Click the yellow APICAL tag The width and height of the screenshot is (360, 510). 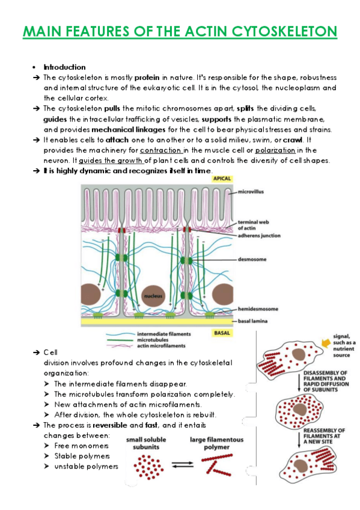pyautogui.click(x=222, y=179)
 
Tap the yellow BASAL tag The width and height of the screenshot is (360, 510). pyautogui.click(x=222, y=333)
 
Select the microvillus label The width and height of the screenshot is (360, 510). pyautogui.click(x=251, y=192)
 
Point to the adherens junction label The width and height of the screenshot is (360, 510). pyautogui.click(x=259, y=236)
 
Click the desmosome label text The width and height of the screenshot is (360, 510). pyautogui.click(x=252, y=259)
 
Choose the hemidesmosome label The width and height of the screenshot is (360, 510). pyautogui.click(x=258, y=309)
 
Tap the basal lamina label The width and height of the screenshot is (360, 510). pyautogui.click(x=253, y=321)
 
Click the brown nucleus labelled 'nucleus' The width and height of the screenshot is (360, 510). pyautogui.click(x=153, y=296)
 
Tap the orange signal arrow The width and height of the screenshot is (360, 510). pyautogui.click(x=326, y=342)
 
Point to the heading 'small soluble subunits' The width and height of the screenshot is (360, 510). pyautogui.click(x=146, y=443)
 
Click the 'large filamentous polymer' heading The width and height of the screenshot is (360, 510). pyautogui.click(x=217, y=443)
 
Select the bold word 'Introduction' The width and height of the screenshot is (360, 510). pyautogui.click(x=65, y=67)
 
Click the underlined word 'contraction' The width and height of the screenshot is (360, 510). pyautogui.click(x=161, y=150)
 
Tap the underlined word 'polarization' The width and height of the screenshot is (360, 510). pyautogui.click(x=275, y=150)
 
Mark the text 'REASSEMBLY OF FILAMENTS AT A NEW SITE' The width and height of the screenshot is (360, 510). pyautogui.click(x=324, y=436)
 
